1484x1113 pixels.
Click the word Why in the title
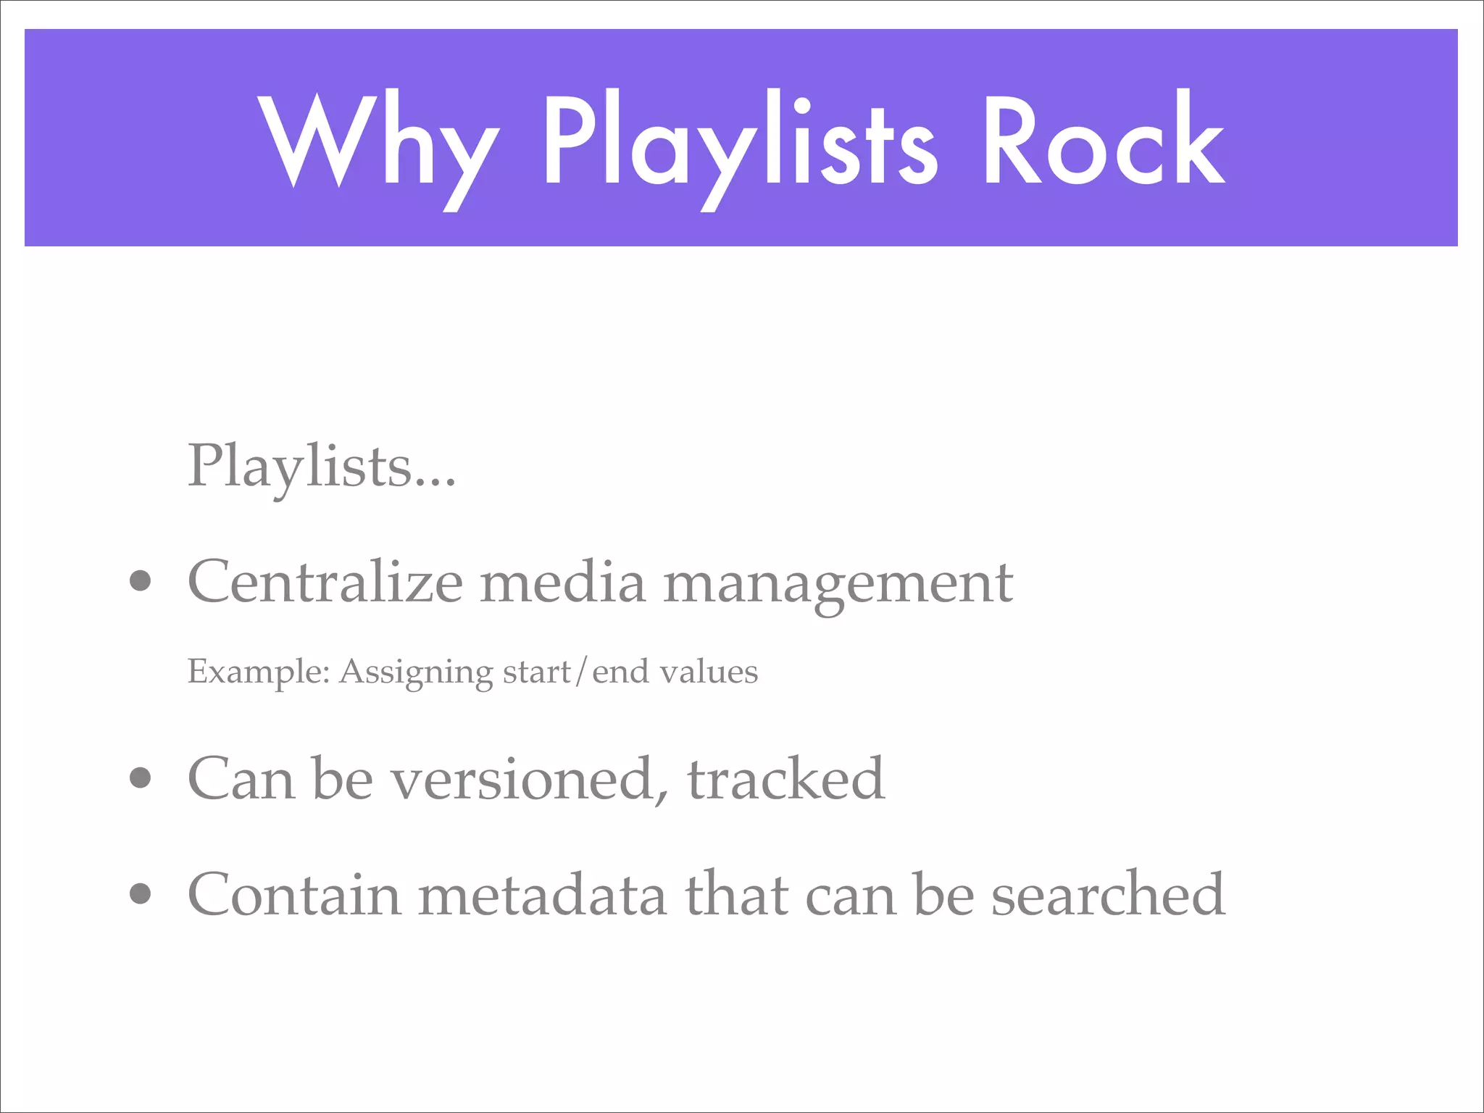pos(378,141)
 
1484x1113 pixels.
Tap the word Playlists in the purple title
pos(739,141)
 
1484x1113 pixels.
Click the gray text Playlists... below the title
pos(322,466)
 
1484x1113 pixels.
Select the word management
pos(838,584)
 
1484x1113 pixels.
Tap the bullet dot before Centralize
pos(141,581)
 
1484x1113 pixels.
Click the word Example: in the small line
pos(259,672)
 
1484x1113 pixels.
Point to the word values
pos(709,672)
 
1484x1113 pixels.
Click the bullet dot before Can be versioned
pos(141,778)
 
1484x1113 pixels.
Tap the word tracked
pos(785,778)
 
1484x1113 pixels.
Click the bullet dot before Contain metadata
pos(141,894)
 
